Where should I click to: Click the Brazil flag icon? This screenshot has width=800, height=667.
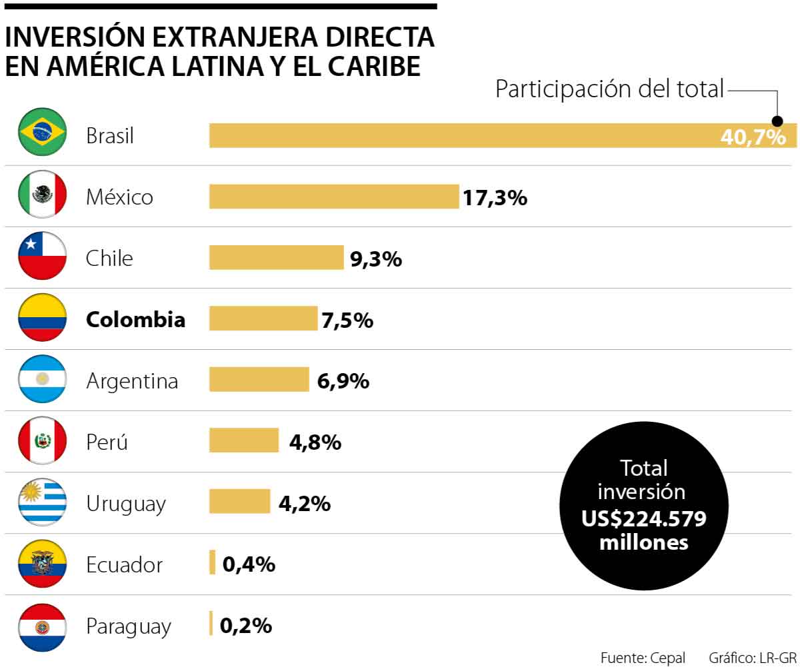42,135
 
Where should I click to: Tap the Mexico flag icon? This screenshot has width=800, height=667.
42,197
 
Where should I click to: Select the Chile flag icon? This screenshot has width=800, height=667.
42,258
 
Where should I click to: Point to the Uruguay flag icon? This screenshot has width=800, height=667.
42,503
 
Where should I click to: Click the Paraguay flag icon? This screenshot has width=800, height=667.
42,626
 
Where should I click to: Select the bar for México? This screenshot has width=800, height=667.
334,197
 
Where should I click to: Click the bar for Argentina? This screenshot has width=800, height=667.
259,380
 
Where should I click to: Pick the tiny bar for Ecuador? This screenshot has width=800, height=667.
213,563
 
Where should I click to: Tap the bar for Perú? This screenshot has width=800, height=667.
244,441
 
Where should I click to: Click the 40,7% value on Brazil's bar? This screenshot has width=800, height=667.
753,138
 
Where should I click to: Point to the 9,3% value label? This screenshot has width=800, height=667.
376,259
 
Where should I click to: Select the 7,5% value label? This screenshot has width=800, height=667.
347,320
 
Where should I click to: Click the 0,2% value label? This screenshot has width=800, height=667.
246,626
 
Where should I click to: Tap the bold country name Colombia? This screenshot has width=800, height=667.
135,320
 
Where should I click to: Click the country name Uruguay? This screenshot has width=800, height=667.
125,504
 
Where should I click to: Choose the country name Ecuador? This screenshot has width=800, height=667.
124,565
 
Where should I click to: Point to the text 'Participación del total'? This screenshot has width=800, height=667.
609,89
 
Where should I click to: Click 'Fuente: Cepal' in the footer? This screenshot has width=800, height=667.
643,658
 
